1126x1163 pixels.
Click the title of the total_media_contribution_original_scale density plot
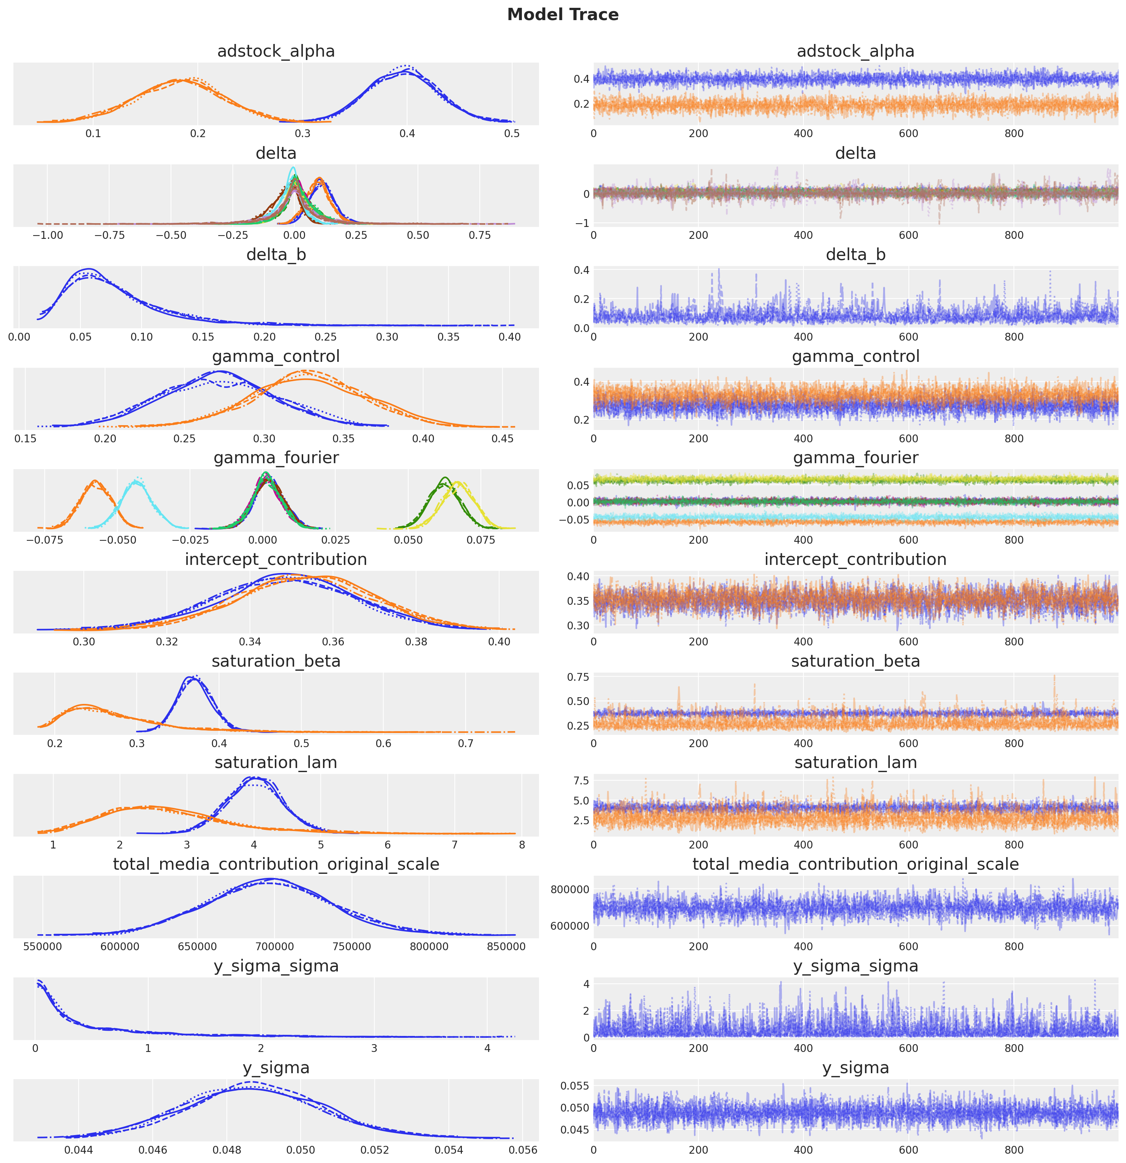coord(276,865)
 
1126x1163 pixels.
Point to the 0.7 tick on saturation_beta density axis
coord(466,743)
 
